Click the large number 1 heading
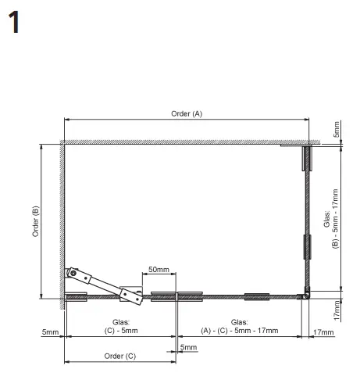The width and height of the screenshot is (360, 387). click(x=14, y=22)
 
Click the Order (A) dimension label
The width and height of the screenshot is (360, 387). click(x=187, y=113)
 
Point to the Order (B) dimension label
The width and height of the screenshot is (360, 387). click(x=35, y=221)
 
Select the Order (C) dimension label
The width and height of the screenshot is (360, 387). click(x=120, y=356)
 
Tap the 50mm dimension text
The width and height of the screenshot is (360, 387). click(x=159, y=269)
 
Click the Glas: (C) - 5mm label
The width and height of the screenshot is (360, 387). click(x=121, y=326)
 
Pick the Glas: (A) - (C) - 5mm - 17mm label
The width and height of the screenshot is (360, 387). click(x=240, y=326)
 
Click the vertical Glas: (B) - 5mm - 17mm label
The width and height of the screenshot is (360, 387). click(x=331, y=219)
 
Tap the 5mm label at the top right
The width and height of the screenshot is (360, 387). click(x=337, y=130)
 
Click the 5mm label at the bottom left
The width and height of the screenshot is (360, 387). click(x=50, y=332)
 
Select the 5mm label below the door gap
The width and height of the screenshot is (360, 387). click(x=188, y=347)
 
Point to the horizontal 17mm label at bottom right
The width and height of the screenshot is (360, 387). click(x=323, y=332)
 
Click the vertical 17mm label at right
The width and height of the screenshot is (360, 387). click(x=337, y=310)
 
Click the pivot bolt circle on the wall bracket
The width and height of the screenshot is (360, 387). click(x=73, y=273)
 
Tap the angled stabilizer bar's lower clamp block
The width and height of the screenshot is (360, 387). click(x=131, y=296)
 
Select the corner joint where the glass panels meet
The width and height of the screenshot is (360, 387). click(x=307, y=295)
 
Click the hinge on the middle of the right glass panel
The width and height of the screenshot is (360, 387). click(x=308, y=247)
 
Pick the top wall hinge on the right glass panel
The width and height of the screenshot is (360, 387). click(x=307, y=159)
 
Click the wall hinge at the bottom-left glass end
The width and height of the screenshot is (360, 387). click(x=76, y=297)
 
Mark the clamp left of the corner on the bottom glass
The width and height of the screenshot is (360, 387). click(x=257, y=297)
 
